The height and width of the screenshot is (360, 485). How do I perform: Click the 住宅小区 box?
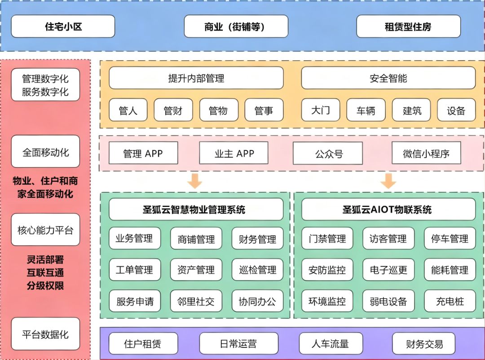(x=63, y=26)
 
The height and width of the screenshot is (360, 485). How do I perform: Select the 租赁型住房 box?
(x=408, y=26)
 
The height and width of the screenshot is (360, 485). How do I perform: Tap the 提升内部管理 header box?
(x=196, y=78)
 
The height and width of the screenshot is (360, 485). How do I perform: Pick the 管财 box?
(x=173, y=110)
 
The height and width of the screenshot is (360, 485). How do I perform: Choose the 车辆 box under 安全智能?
(x=366, y=110)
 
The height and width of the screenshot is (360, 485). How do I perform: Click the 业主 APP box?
(x=234, y=153)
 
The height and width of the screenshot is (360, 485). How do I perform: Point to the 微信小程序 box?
(x=426, y=153)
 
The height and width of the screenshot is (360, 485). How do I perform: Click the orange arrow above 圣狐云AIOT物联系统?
(x=388, y=180)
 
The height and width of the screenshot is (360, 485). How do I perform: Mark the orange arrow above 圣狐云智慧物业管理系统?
(x=195, y=180)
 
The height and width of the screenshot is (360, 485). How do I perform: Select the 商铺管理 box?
(x=196, y=239)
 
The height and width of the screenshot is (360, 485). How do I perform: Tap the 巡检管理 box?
(x=257, y=270)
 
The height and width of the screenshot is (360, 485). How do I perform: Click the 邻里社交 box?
(x=196, y=301)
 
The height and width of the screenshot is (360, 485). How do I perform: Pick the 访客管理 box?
(x=388, y=239)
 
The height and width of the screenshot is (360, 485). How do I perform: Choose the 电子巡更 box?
(x=388, y=270)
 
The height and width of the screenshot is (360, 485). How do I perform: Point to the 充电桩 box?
(x=450, y=301)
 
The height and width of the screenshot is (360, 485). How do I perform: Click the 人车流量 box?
(x=330, y=344)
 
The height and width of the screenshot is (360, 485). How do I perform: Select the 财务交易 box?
(x=424, y=344)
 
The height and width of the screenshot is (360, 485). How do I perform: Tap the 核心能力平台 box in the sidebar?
(x=45, y=230)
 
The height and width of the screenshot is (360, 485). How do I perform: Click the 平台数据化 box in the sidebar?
(x=45, y=334)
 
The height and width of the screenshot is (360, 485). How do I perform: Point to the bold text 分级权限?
(x=45, y=285)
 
